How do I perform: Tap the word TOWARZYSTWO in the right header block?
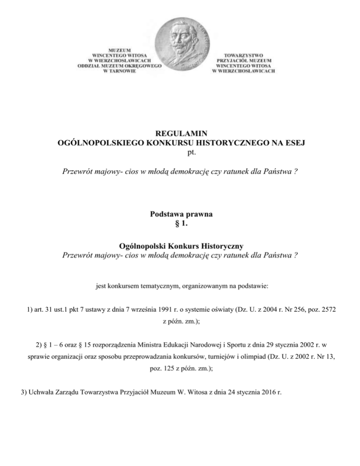tap(243, 55)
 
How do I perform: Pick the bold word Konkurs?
tap(181, 246)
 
